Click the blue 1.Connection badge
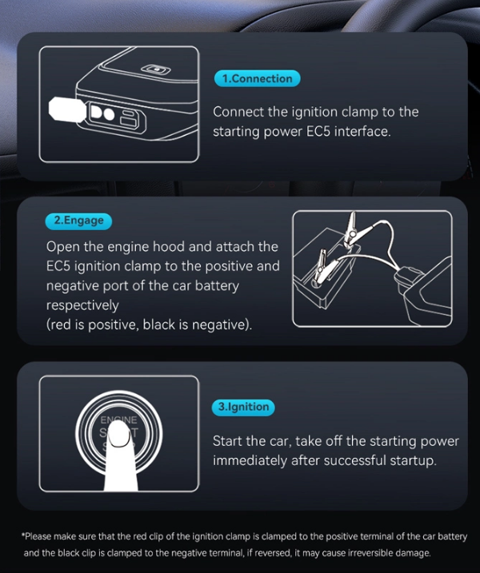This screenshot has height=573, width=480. coord(257,78)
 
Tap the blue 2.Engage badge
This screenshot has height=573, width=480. coord(78,221)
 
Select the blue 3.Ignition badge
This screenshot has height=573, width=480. coord(243,407)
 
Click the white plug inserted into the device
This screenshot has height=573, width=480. coord(68,109)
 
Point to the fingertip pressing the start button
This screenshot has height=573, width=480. coord(119,434)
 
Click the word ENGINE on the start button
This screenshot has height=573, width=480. coord(119,420)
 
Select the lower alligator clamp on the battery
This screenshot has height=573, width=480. coord(319,268)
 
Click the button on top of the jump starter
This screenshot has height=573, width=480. coord(156,69)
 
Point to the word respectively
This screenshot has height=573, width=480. coord(82,305)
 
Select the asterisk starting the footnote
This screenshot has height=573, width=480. coord(22,535)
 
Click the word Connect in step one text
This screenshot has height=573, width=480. coord(238,112)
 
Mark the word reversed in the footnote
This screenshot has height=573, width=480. coord(270,553)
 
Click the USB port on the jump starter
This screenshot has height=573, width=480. coord(130,117)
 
